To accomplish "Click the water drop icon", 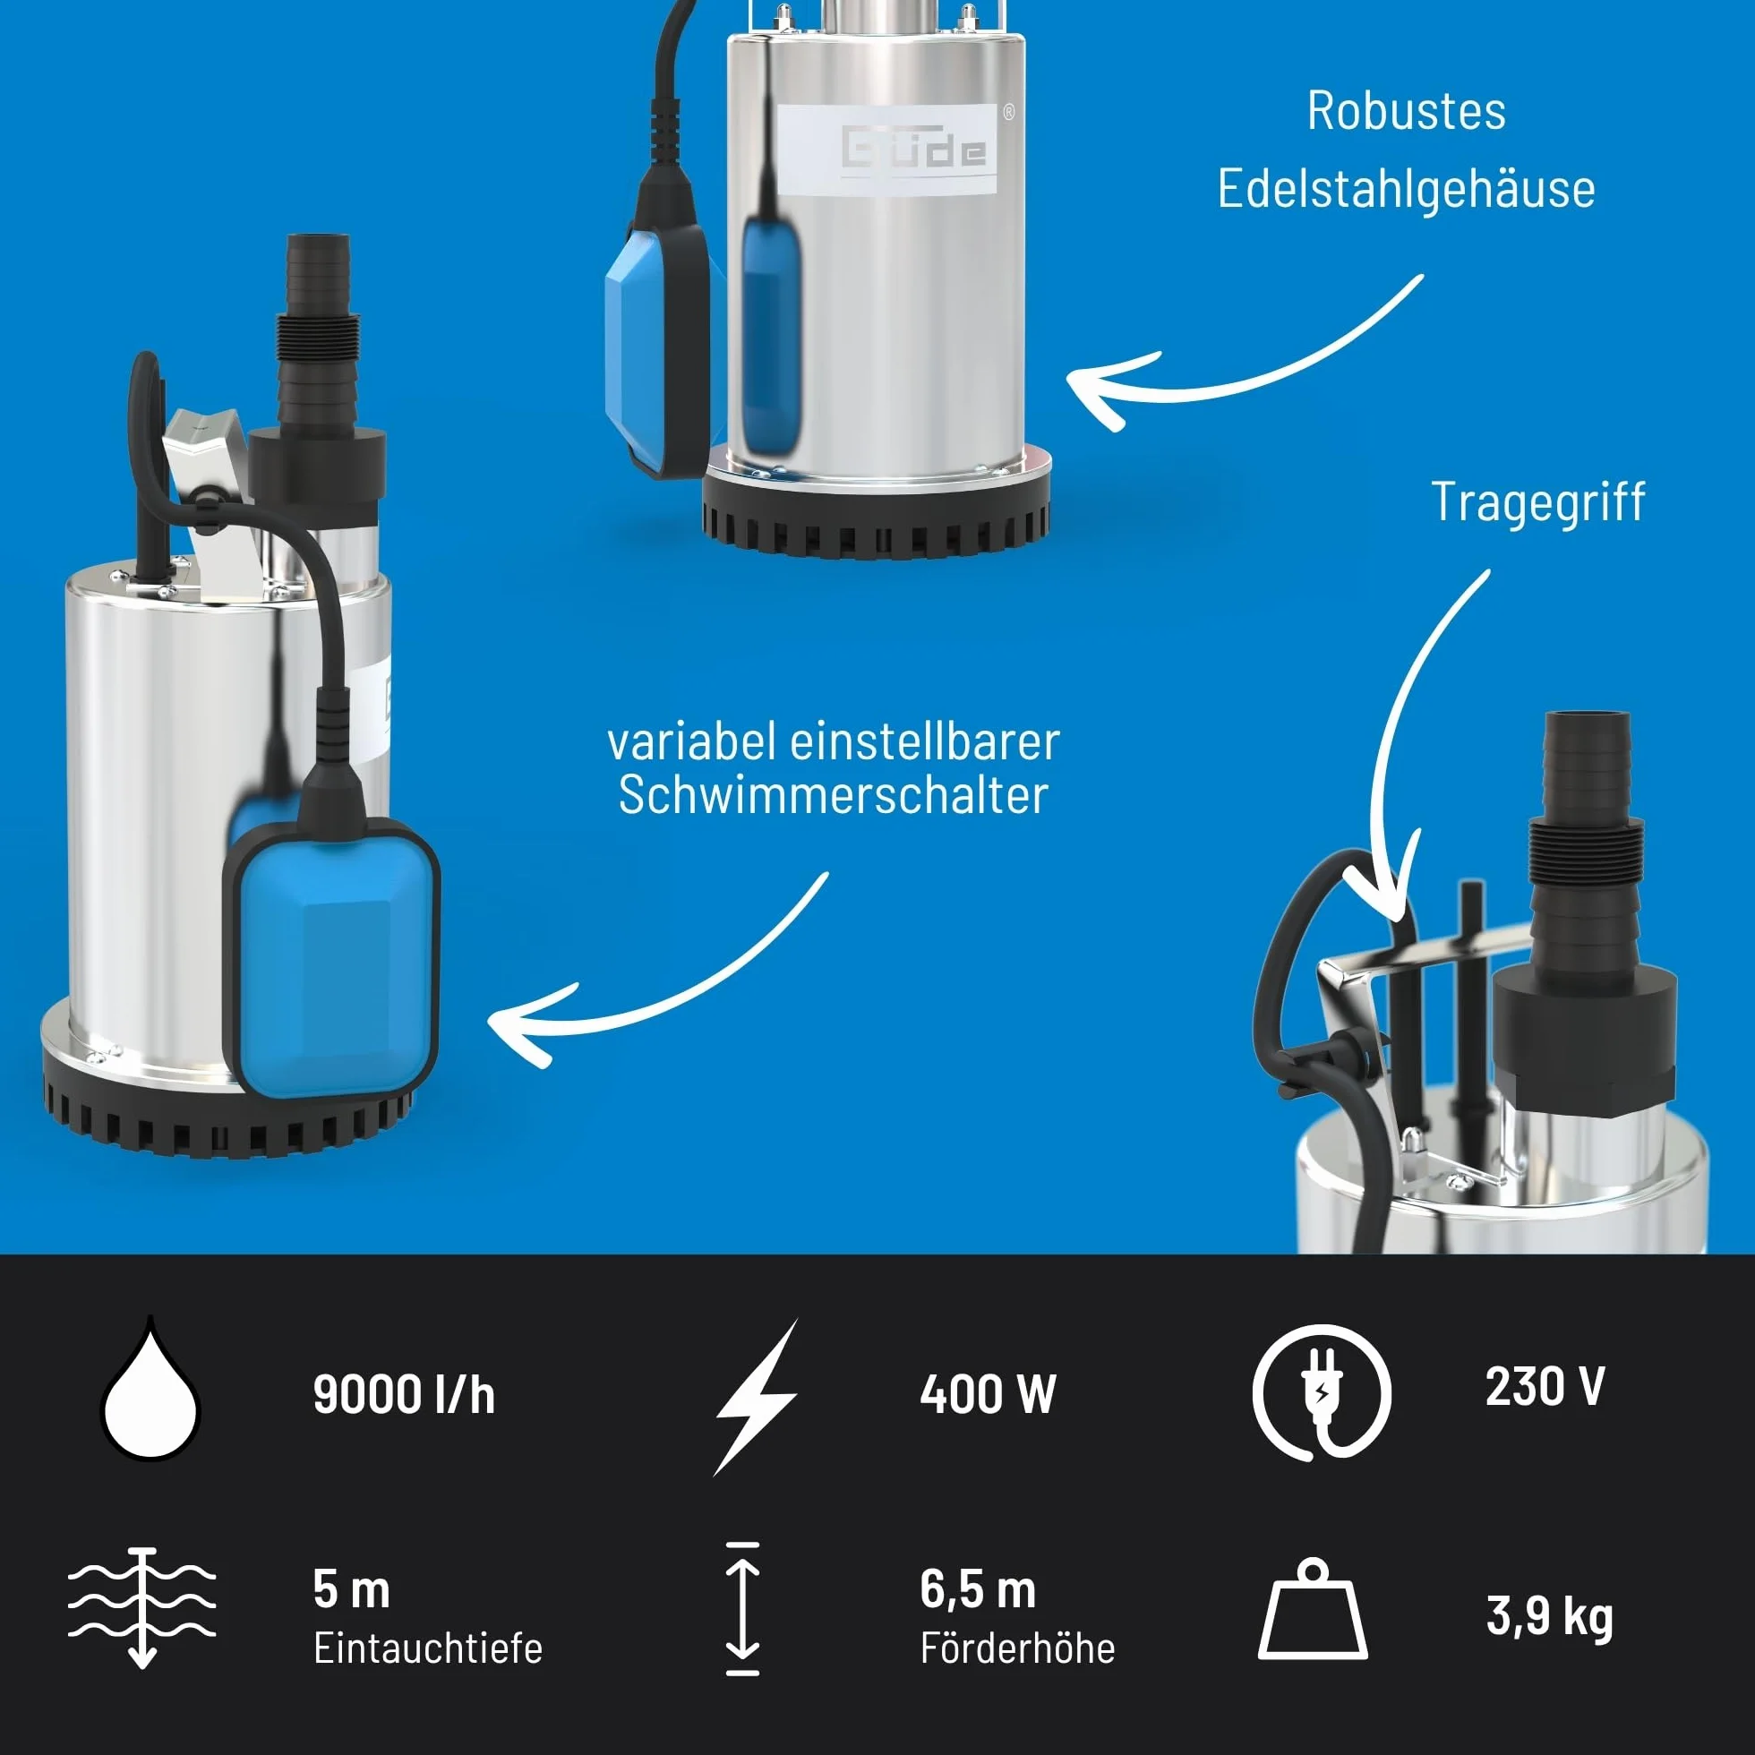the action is tap(150, 1395).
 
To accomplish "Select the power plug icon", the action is tap(1322, 1392).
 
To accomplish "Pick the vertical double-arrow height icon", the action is tap(743, 1609).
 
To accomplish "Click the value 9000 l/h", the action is tap(404, 1395).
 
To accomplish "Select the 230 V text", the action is tap(1545, 1387).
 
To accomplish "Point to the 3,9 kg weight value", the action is tap(1550, 1617).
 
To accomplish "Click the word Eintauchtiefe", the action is tap(428, 1648).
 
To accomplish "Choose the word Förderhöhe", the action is tap(1017, 1648).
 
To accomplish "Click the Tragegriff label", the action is tap(1538, 502).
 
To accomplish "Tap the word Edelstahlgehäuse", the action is tap(1406, 190).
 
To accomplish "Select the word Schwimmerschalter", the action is tap(833, 795).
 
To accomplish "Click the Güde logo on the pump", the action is tap(914, 147).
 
